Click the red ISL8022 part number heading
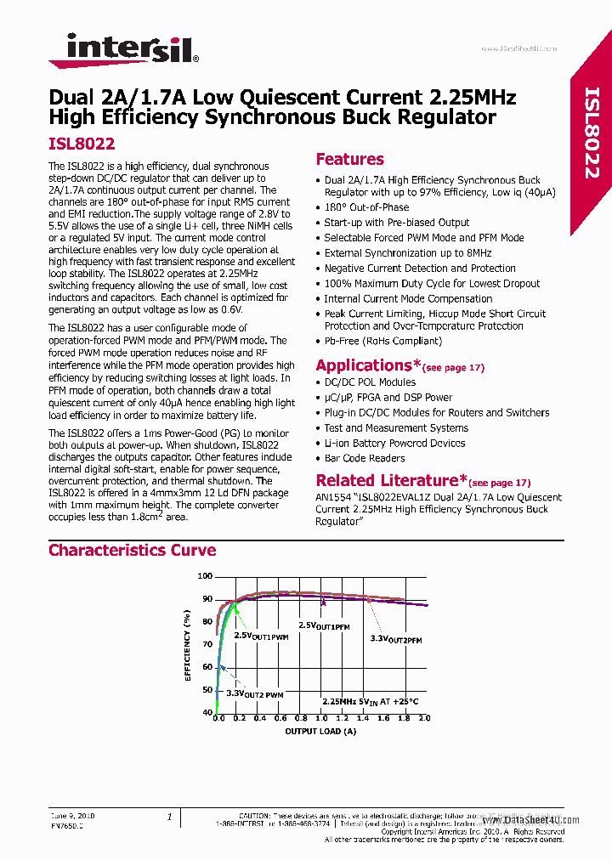[x=82, y=144]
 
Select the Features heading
[x=349, y=159]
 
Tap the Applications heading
[x=369, y=365]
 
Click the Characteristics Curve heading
[x=132, y=550]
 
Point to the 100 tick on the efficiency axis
[x=205, y=576]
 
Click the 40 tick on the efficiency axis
[x=207, y=712]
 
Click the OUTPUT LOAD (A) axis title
[x=320, y=731]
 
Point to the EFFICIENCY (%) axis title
[x=187, y=643]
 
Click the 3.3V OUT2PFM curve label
[x=395, y=638]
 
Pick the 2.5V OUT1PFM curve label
[x=323, y=626]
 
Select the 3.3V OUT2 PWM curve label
[x=254, y=694]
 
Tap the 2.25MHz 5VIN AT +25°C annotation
[x=370, y=701]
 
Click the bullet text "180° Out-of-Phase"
[x=366, y=207]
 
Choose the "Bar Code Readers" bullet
[x=365, y=458]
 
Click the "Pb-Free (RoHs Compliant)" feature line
[x=382, y=341]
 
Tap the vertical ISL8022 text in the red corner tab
[x=592, y=132]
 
